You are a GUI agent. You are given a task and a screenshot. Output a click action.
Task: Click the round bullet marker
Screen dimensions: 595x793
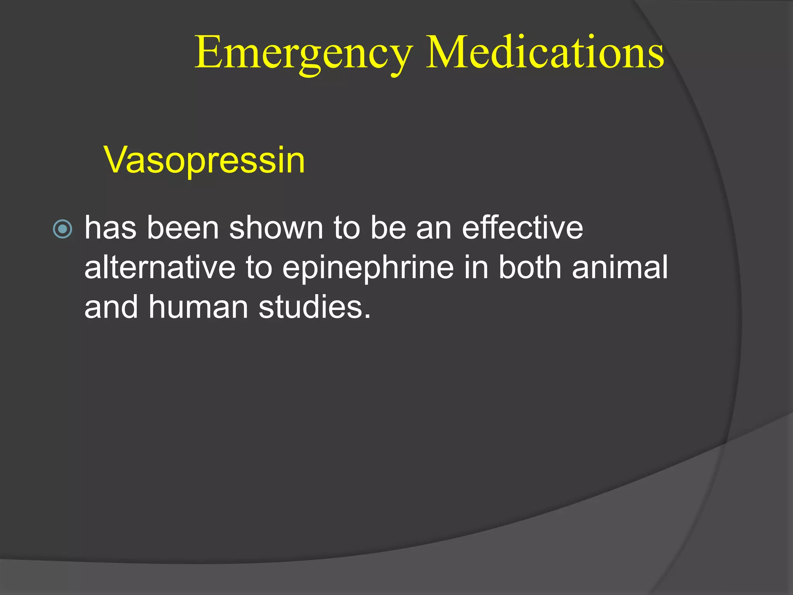click(x=62, y=229)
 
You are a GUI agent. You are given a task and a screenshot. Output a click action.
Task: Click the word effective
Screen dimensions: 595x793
click(x=522, y=228)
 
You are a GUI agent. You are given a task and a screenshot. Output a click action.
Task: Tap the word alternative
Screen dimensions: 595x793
click(x=160, y=267)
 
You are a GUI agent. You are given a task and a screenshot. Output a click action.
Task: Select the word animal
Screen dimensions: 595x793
click(x=620, y=267)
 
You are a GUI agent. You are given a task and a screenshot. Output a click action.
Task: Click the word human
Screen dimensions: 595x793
click(x=198, y=307)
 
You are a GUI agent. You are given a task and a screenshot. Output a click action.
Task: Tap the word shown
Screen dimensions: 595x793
click(x=276, y=228)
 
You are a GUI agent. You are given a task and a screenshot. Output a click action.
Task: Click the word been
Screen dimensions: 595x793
click(x=183, y=228)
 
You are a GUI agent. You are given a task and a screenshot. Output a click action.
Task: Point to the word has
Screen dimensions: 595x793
click(x=110, y=228)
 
